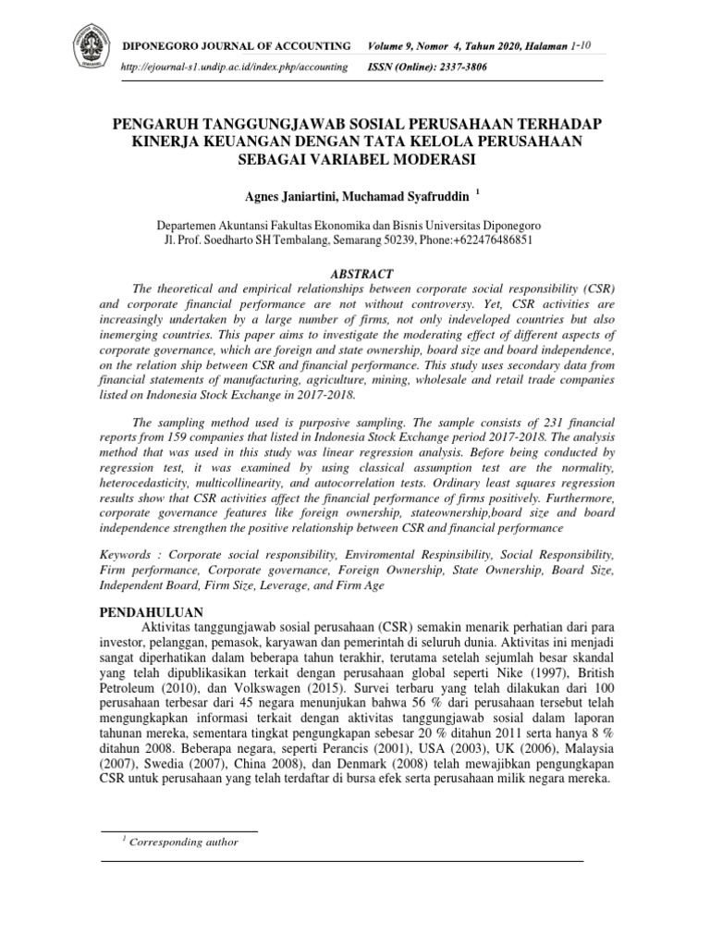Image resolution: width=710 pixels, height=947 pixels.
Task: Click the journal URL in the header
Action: (x=236, y=67)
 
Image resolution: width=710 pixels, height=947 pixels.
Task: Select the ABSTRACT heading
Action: (x=361, y=274)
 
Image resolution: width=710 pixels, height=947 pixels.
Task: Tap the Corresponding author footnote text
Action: (x=185, y=842)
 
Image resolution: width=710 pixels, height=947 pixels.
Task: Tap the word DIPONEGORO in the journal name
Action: (x=171, y=46)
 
